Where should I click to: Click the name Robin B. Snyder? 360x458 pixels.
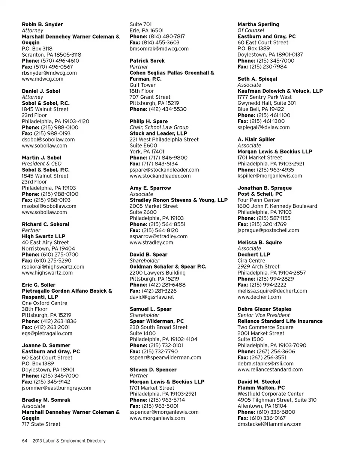(42, 24)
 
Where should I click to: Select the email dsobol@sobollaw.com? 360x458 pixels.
(48, 140)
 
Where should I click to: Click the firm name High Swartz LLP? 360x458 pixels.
(43, 236)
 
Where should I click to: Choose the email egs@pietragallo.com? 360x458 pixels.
(47, 333)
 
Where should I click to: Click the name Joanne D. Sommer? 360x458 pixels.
(46, 345)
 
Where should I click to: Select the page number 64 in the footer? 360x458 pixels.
(24, 441)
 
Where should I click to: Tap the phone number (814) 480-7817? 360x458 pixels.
(166, 36)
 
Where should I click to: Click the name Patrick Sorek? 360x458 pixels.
(147, 60)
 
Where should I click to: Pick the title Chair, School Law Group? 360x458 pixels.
(159, 127)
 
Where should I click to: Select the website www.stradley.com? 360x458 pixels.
(151, 242)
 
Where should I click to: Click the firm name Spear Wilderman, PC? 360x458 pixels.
(157, 321)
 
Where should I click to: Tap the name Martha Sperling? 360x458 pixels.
(258, 24)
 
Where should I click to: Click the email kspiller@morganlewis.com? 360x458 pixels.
(270, 176)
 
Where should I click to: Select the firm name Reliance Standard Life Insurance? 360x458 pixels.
(280, 321)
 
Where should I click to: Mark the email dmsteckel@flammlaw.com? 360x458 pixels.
(270, 424)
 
